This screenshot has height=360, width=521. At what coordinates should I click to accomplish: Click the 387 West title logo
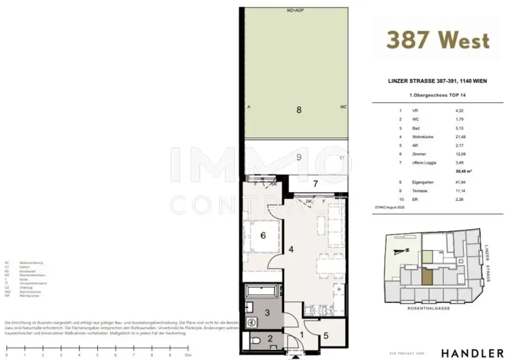[438, 40]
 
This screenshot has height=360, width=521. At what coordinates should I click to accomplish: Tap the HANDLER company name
[472, 353]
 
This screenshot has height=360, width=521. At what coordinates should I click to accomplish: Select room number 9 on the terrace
[299, 158]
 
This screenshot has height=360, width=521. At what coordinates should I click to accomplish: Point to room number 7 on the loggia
[315, 184]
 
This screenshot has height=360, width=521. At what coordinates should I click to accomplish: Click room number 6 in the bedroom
[263, 235]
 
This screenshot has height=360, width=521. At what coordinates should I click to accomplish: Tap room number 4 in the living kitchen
[292, 249]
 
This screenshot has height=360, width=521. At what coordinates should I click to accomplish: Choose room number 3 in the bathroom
[267, 312]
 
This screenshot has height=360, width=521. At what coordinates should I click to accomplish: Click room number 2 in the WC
[270, 338]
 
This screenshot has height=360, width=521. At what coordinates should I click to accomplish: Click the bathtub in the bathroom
[262, 292]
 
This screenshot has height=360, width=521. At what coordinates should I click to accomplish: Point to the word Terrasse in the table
[420, 190]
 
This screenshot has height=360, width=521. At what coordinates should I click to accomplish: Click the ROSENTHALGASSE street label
[429, 308]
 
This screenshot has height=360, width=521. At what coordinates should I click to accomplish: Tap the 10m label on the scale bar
[188, 355]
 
